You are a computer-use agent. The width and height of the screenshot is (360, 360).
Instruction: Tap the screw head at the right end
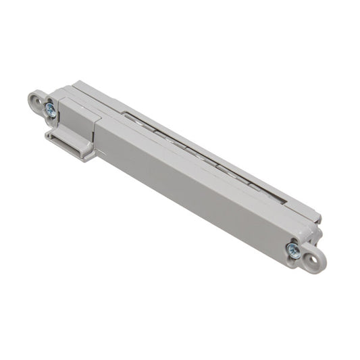(293, 249)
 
